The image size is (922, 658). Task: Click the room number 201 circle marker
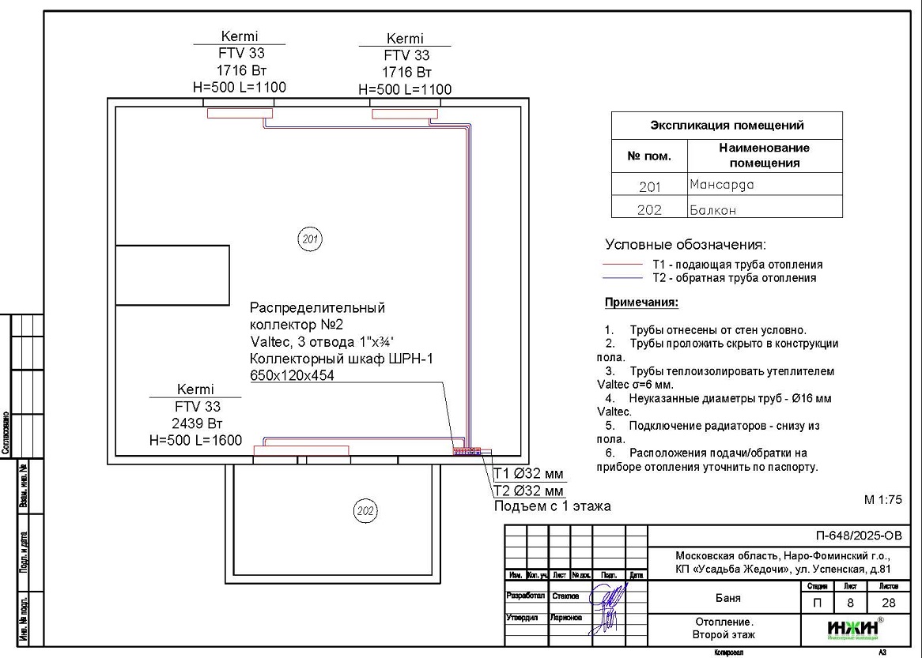pos(310,238)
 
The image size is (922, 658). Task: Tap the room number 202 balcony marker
pos(365,511)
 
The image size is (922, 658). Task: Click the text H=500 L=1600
pos(195,440)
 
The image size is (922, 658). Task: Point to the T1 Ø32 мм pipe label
pos(528,474)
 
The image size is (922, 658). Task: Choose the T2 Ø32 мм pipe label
pos(528,491)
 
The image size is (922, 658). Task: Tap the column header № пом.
pos(649,156)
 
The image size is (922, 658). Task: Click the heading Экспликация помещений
pos(727,125)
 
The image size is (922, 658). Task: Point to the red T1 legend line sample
pos(622,265)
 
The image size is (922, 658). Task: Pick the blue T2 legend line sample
pos(622,278)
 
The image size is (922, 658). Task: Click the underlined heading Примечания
pos(641,303)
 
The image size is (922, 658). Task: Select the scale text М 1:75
pos(882,500)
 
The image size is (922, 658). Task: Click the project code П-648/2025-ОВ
pos(857,536)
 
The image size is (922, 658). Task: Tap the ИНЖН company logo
pos(852,629)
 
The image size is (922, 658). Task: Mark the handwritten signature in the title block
pos(610,605)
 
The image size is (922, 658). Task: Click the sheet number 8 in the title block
pos(851,603)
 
